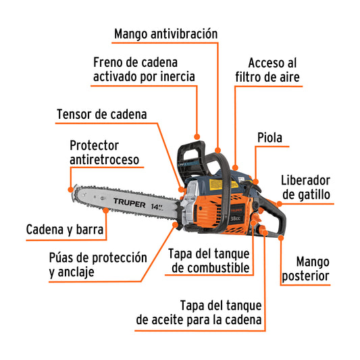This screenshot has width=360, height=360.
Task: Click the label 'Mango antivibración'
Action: click(x=165, y=33)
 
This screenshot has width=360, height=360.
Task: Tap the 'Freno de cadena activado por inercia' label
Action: click(x=144, y=69)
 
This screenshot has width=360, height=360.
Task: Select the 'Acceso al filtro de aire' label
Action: click(x=267, y=70)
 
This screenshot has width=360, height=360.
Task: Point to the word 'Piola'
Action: click(x=269, y=138)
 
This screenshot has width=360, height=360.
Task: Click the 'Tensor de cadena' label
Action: click(x=101, y=114)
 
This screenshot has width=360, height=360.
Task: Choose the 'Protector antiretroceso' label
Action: click(x=104, y=152)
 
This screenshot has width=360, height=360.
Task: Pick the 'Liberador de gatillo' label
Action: click(x=305, y=188)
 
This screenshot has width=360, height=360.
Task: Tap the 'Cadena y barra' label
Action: click(x=65, y=230)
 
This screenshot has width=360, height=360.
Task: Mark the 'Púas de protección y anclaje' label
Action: click(x=97, y=264)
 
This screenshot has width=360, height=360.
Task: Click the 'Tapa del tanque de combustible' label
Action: click(x=209, y=261)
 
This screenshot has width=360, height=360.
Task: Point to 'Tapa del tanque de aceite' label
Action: click(x=200, y=311)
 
